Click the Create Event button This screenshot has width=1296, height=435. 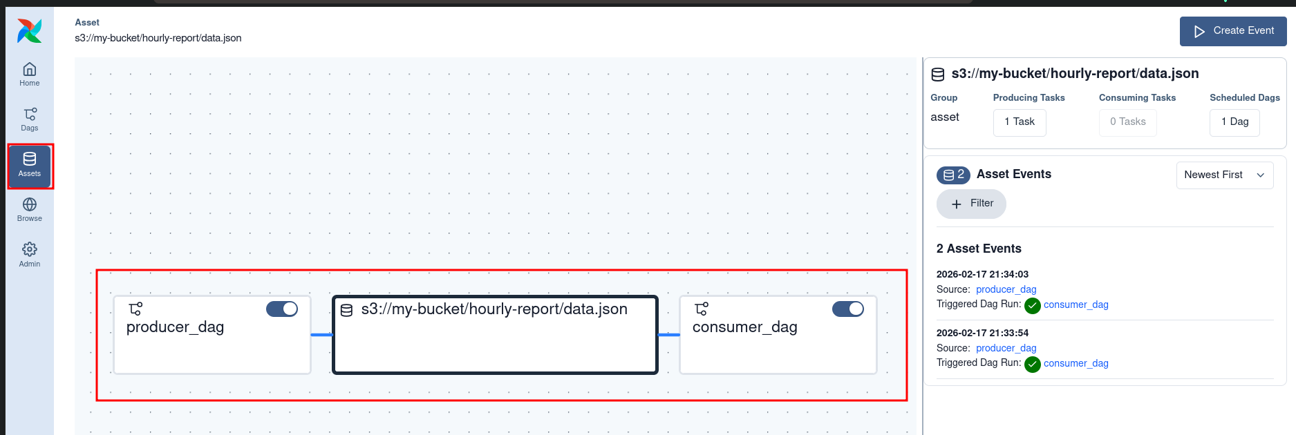click(x=1233, y=31)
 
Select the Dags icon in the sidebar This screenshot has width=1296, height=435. click(x=30, y=114)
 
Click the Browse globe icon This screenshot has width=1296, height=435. click(x=30, y=204)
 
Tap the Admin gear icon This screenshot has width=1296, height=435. click(x=30, y=249)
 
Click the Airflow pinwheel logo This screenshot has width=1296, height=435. click(x=30, y=31)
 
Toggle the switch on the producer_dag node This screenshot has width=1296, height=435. click(x=282, y=309)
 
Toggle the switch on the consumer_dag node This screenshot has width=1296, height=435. click(x=848, y=309)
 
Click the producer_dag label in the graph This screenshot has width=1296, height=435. click(x=175, y=327)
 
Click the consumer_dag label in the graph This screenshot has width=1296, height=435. click(x=744, y=327)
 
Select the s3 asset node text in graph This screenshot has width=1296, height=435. click(x=494, y=309)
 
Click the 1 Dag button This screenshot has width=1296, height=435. click(x=1234, y=122)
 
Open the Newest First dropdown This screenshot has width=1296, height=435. click(x=1224, y=175)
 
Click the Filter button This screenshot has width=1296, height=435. click(x=971, y=204)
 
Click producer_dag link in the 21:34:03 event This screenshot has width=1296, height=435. click(x=1006, y=289)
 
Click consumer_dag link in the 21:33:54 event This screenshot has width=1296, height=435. click(x=1076, y=363)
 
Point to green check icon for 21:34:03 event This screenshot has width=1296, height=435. click(x=1033, y=305)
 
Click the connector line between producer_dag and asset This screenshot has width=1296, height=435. click(x=321, y=335)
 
